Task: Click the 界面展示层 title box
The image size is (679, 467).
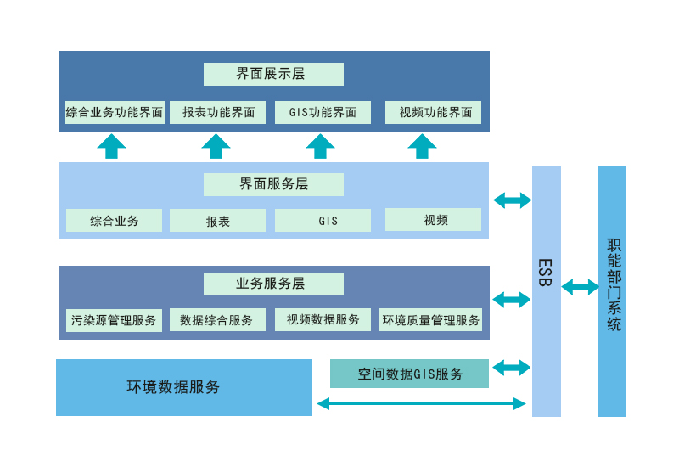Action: tap(273, 74)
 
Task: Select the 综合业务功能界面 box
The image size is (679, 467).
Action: tap(114, 112)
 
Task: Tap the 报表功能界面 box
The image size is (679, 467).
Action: tap(217, 112)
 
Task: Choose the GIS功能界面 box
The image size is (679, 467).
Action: tap(323, 112)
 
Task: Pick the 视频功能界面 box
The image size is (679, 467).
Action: tap(433, 112)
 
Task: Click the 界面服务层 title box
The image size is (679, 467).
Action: tap(273, 184)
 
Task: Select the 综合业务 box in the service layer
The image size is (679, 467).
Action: tap(114, 221)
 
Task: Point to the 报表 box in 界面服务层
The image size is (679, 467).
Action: tap(217, 221)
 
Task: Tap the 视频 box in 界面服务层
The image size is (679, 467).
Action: tap(433, 220)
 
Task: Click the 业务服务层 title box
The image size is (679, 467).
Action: tap(273, 284)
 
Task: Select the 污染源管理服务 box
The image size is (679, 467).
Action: tap(114, 320)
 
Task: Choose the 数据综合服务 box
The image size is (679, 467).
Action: tap(217, 320)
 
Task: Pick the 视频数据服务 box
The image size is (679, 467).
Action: tap(323, 320)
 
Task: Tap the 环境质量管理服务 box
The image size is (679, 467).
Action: tap(430, 320)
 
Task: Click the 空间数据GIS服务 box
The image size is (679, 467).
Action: tap(409, 374)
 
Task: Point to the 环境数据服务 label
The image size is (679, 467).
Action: tap(173, 387)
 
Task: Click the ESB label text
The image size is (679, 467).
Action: tap(545, 272)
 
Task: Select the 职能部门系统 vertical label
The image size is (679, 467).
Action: tap(613, 284)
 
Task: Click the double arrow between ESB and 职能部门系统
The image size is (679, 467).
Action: tap(580, 287)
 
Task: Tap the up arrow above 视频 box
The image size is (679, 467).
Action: tap(422, 146)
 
